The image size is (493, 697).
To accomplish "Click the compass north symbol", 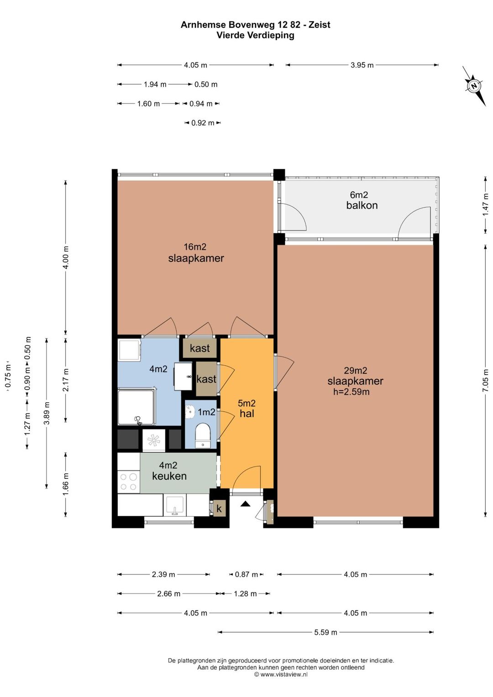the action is tap(473, 86).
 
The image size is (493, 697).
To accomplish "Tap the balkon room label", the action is tap(362, 205).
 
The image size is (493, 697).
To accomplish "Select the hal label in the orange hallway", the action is tap(247, 414).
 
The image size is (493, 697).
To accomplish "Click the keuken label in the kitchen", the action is tap(169, 476).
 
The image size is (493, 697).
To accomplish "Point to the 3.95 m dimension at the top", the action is tap(362, 65).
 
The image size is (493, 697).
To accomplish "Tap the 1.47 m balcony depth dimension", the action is tap(485, 204).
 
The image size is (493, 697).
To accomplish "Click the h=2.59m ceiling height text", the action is tap(351, 392).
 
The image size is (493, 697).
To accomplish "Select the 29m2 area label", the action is tap(356, 370).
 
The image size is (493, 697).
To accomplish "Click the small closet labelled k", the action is tap(219, 509).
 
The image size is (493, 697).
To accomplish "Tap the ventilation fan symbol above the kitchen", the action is tap(154, 440).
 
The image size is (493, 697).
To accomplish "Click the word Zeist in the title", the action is tap(320, 25).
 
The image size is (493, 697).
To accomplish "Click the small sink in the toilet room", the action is tap(189, 412).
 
